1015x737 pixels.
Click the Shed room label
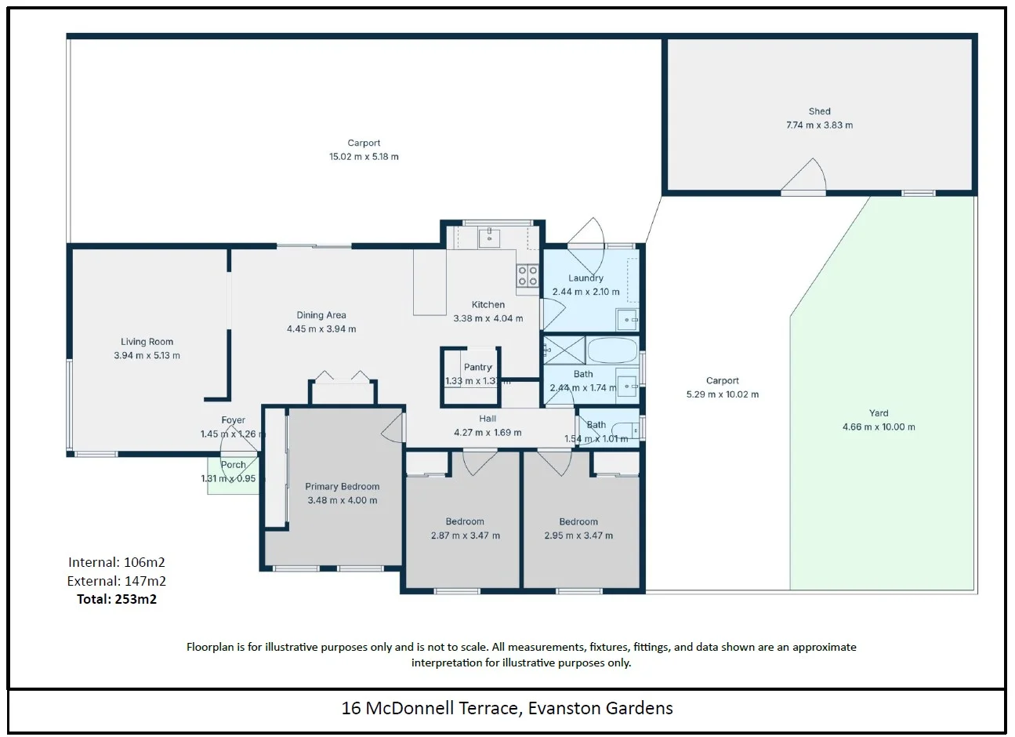(x=819, y=111)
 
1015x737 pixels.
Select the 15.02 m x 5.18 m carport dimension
(x=364, y=157)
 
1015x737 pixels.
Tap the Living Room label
(x=147, y=342)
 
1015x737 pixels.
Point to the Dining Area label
(x=321, y=315)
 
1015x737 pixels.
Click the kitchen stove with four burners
(x=527, y=275)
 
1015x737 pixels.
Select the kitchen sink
(x=489, y=237)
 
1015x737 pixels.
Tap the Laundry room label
(x=585, y=278)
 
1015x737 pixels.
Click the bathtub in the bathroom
(x=612, y=350)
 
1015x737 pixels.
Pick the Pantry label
(x=477, y=367)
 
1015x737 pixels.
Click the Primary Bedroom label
(x=343, y=487)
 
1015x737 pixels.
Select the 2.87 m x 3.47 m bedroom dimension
(x=465, y=536)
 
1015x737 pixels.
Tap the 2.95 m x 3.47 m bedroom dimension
(x=578, y=536)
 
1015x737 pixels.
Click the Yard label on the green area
(x=879, y=413)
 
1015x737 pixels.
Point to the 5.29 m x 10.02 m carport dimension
(x=722, y=394)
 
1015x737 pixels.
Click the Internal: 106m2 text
(x=117, y=562)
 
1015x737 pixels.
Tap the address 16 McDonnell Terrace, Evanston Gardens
(x=507, y=709)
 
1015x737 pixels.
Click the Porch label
(x=233, y=465)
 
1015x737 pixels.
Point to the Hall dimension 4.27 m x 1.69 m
(x=488, y=433)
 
